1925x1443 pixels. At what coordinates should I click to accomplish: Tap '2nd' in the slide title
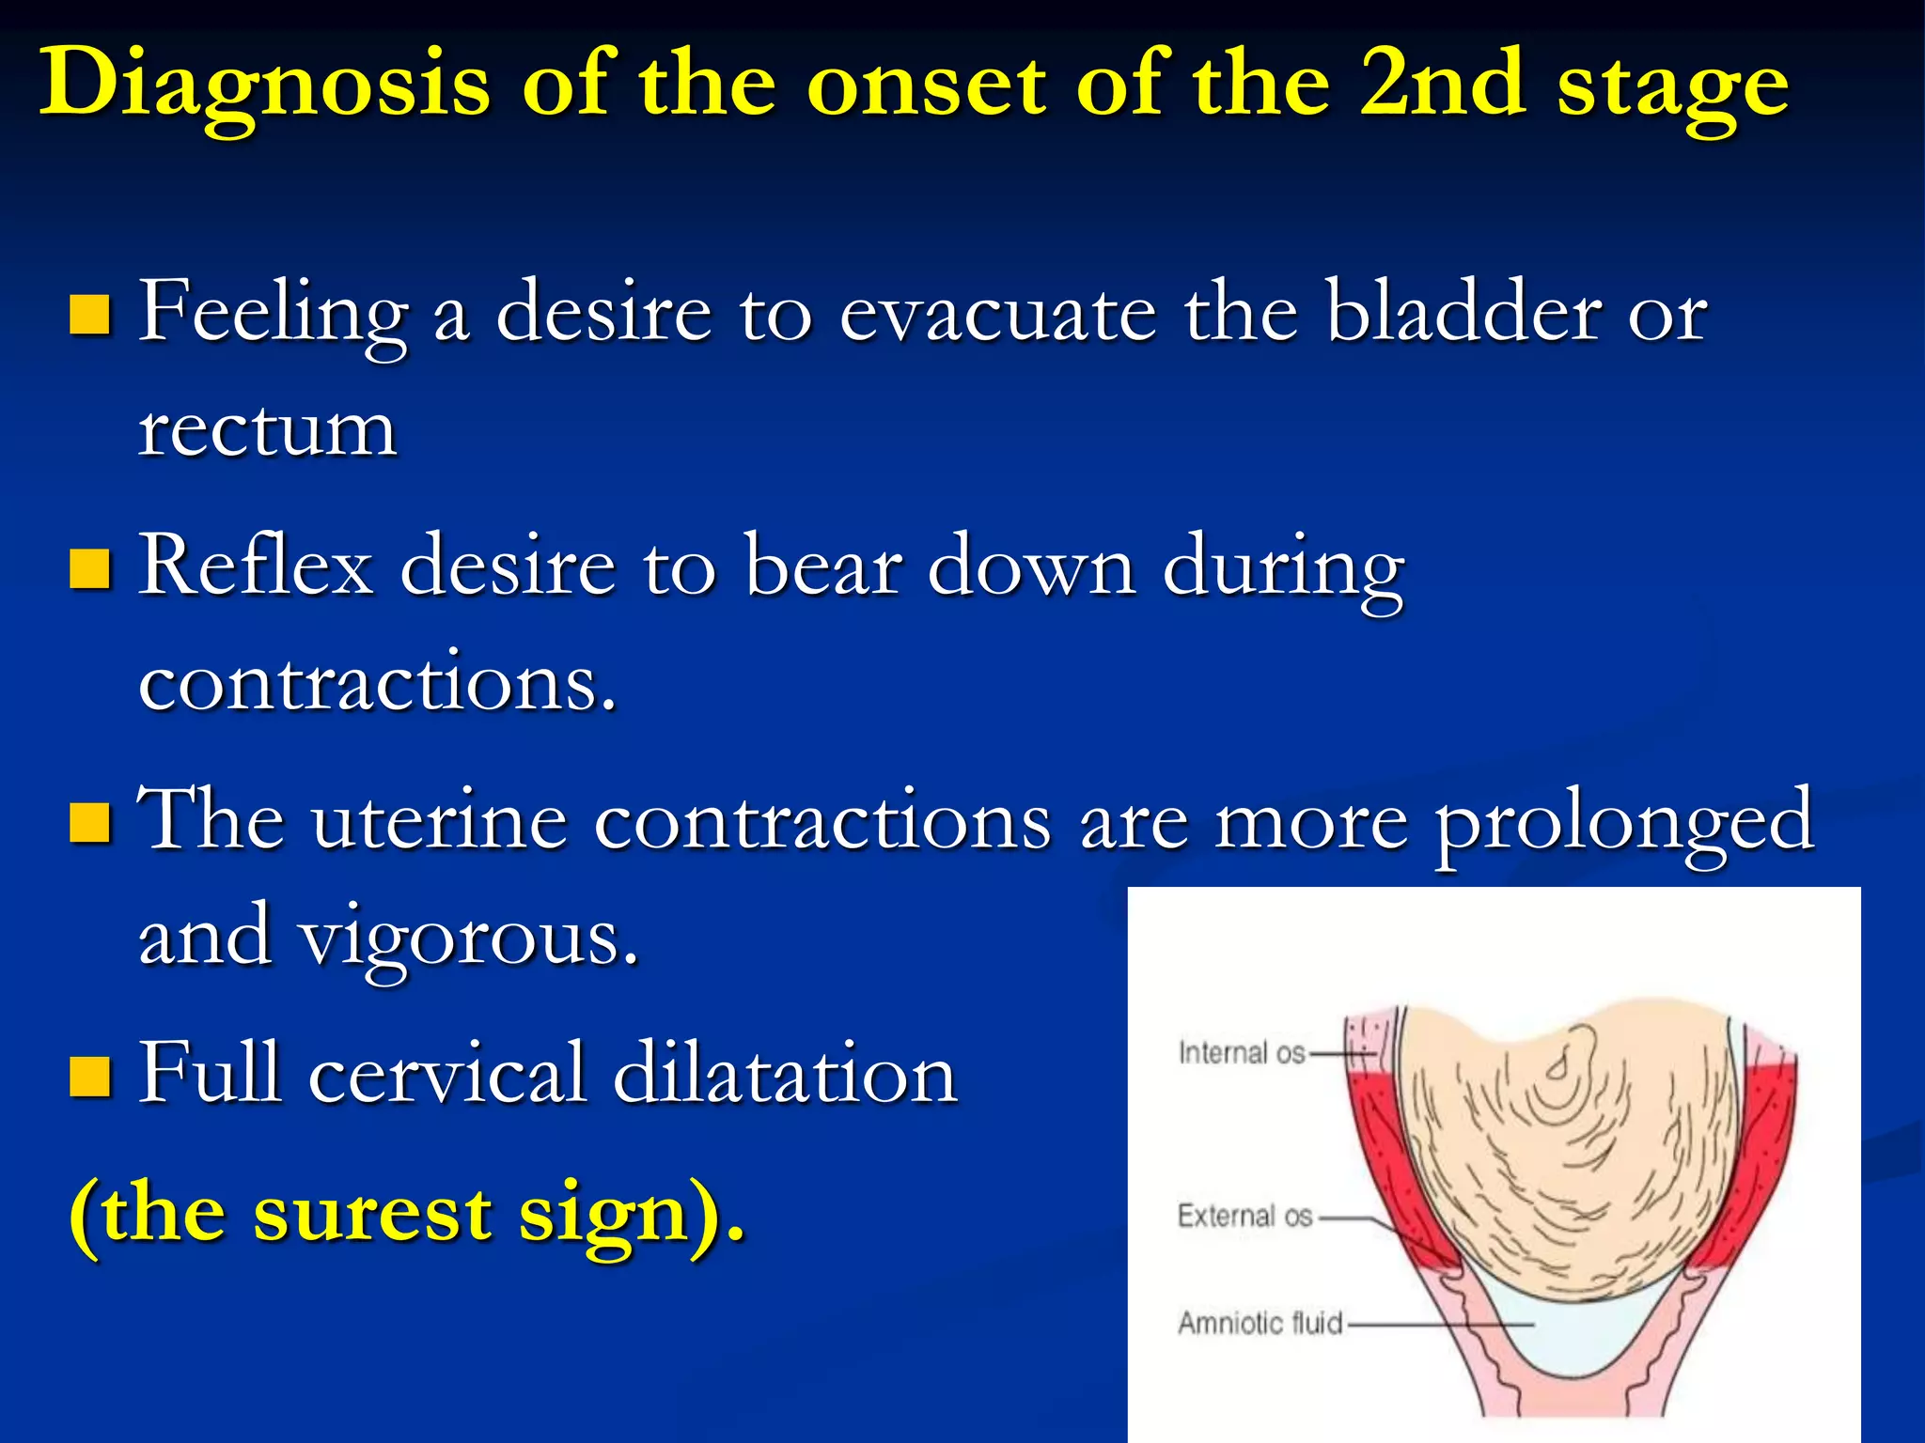click(1442, 85)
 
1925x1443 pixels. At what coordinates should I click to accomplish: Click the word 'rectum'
click(268, 432)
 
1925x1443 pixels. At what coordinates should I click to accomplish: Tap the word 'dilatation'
click(785, 1074)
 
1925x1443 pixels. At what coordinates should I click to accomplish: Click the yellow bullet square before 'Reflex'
click(91, 568)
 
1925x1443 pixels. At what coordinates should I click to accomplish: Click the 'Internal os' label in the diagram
click(1242, 1053)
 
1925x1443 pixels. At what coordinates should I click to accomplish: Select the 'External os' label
click(1244, 1216)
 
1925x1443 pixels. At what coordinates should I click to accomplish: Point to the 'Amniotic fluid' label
click(1260, 1324)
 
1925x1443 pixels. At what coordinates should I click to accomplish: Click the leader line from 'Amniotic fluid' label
click(1438, 1326)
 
